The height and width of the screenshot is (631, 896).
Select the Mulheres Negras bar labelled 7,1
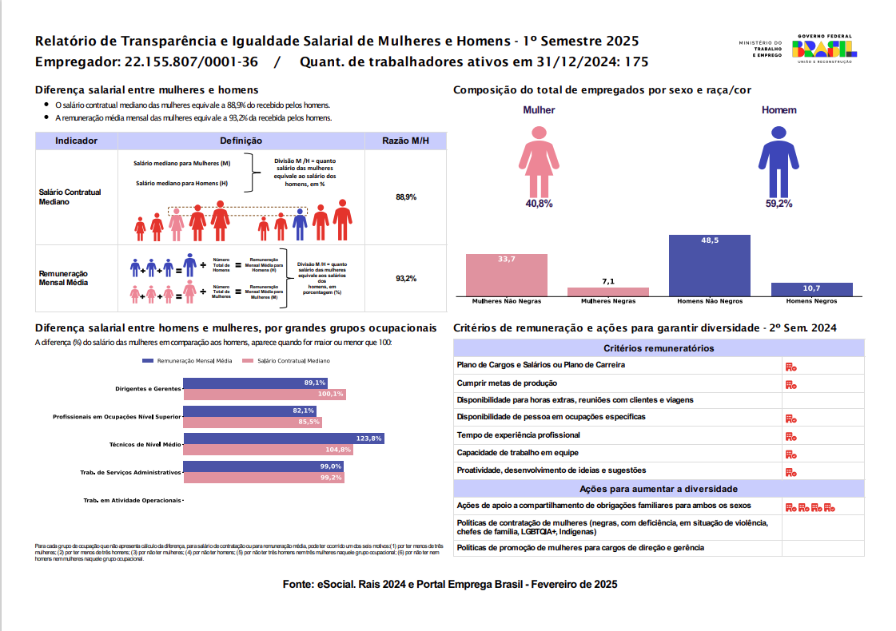(607, 292)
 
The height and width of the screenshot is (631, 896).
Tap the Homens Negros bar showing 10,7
(811, 289)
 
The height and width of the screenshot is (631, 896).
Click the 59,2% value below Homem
(779, 204)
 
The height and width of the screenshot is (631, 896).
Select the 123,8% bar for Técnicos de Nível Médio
(284, 439)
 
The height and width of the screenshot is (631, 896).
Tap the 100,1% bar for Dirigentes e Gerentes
(265, 394)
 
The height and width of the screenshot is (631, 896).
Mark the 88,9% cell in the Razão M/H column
(406, 196)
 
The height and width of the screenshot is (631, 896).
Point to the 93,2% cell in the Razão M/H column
(406, 279)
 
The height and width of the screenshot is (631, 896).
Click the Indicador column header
(77, 141)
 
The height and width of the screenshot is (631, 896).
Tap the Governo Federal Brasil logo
(823, 50)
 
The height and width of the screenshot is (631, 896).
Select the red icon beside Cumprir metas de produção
(790, 384)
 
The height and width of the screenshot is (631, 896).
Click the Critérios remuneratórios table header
(659, 348)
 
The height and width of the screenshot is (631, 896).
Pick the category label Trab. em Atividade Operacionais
(132, 501)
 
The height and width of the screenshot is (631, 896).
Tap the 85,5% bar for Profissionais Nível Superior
(253, 422)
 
